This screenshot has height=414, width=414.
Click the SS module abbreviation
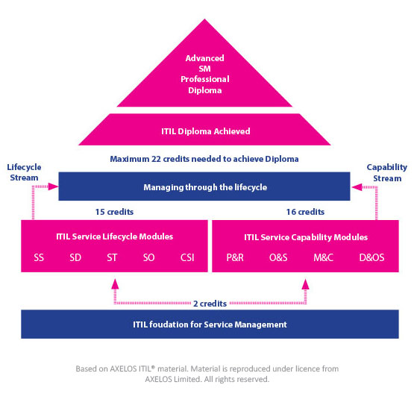pos(39,257)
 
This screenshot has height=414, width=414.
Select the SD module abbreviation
pos(75,257)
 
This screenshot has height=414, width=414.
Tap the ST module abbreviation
pos(112,257)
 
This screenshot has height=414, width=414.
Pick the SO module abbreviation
pos(148,257)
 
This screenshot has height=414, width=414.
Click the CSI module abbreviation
pos(187,257)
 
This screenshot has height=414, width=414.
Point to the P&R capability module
pos(235,257)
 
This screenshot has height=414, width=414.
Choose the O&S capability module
pos(278,257)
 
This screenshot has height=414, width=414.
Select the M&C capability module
pos(323,257)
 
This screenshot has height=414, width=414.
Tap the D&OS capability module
pos(371,257)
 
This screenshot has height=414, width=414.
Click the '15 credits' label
pos(114,212)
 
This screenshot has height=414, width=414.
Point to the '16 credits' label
pos(306,212)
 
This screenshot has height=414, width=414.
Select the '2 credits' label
pos(210,304)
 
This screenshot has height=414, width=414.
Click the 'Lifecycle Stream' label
pos(24,172)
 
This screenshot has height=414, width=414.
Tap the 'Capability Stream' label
pos(387,172)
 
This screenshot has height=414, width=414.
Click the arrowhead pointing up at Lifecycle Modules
pos(115,284)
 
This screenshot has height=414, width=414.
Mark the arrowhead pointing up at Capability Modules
pos(306,284)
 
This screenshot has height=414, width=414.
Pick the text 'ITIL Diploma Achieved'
pos(206,131)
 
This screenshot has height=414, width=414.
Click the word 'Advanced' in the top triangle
pos(204,58)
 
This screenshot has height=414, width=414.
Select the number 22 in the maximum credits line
pos(156,159)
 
